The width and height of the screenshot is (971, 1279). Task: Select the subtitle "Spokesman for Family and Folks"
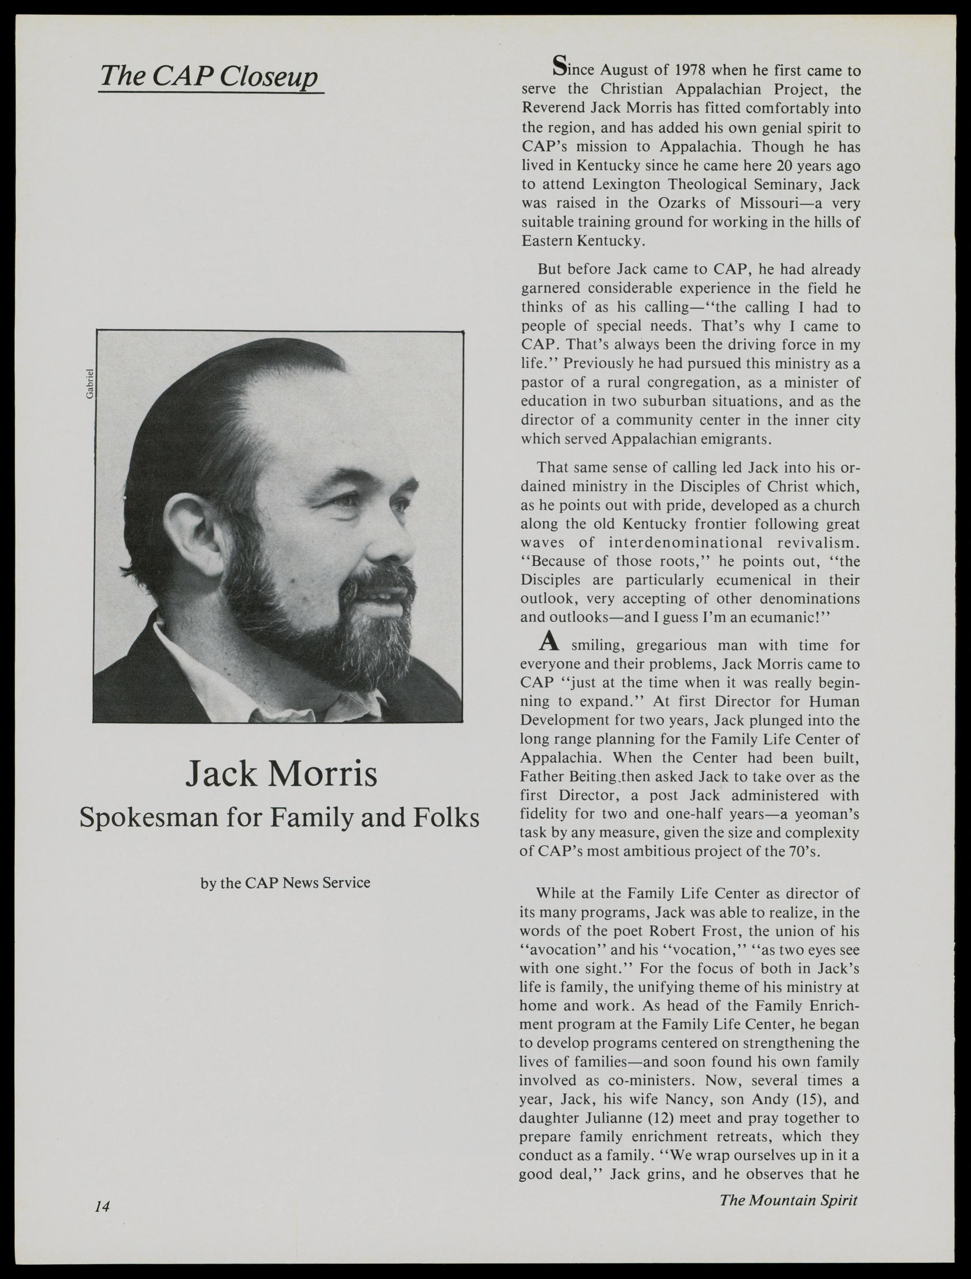279,817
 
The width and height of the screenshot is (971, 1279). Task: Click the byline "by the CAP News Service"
285,883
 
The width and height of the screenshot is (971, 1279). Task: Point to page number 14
102,1206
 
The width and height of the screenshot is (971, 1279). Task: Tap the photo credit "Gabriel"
89,383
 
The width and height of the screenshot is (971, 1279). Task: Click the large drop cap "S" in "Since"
559,66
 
